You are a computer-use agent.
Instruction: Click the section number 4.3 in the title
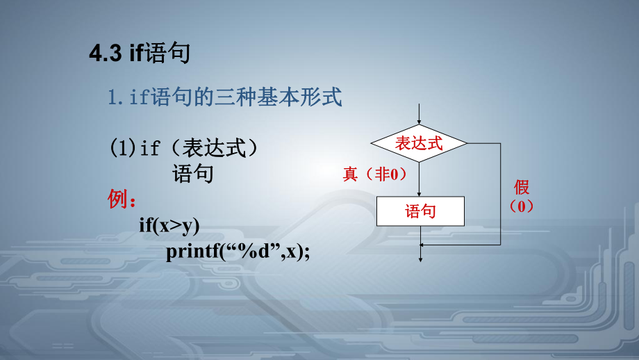click(x=107, y=54)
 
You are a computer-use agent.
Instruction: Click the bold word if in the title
click(x=136, y=54)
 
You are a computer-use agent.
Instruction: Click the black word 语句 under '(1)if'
click(x=192, y=173)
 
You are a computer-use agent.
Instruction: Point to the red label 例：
click(x=122, y=199)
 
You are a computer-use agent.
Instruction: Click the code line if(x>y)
click(x=169, y=224)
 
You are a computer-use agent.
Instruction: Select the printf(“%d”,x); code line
click(x=237, y=250)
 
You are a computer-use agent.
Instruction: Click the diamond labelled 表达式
click(x=419, y=143)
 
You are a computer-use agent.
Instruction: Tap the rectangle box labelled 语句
click(x=420, y=211)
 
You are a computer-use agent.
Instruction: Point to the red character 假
click(x=522, y=187)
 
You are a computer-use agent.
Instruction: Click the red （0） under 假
click(x=522, y=206)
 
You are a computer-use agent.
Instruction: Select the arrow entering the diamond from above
click(x=419, y=115)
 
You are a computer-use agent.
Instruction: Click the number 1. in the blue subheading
click(x=115, y=98)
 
